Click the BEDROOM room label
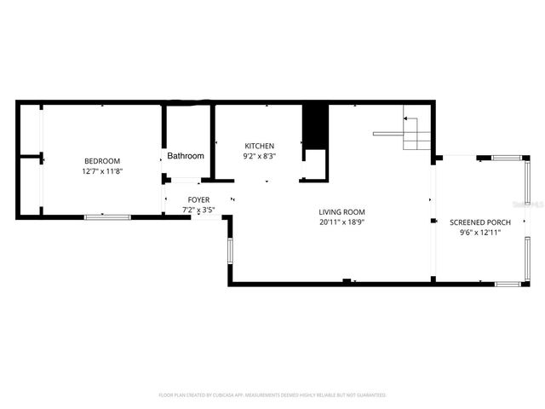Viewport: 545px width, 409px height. [x=101, y=161]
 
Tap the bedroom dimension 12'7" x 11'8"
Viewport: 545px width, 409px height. [x=101, y=171]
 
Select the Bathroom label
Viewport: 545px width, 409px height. [x=186, y=156]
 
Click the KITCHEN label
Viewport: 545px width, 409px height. [x=259, y=147]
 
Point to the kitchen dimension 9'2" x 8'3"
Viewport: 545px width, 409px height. [x=259, y=157]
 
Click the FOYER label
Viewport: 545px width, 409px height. [x=198, y=199]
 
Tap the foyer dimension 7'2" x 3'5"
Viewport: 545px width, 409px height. [x=198, y=210]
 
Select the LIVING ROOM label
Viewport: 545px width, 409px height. [x=341, y=212]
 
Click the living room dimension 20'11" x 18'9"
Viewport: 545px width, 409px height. [x=341, y=222]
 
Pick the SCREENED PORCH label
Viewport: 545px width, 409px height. [x=481, y=222]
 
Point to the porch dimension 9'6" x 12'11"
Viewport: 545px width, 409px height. [x=481, y=233]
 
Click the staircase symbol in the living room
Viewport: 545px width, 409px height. [x=416, y=132]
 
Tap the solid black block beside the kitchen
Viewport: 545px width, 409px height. [x=315, y=126]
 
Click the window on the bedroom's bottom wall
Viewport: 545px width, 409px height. [x=107, y=217]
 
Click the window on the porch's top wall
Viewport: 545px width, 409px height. [x=505, y=158]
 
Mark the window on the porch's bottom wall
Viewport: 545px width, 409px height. [x=509, y=283]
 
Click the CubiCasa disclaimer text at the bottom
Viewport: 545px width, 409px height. [x=272, y=395]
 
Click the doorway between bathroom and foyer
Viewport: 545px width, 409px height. [x=185, y=180]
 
